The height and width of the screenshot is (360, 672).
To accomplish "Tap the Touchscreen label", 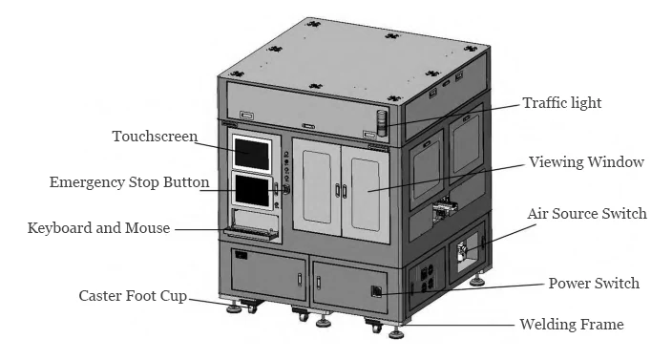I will coord(154,136).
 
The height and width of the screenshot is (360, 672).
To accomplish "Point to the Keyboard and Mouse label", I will coord(98,228).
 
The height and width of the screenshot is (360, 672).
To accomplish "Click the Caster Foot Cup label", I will coord(133,296).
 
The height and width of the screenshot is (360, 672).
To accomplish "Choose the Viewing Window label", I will coord(587,162).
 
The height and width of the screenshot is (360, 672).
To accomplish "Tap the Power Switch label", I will coord(594,284).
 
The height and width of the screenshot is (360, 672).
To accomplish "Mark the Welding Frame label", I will coord(571,325).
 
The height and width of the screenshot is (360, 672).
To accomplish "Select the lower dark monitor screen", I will coord(253,190).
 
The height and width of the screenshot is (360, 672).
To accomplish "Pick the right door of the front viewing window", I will coord(368,186).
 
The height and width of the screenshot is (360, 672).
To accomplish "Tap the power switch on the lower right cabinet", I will coord(377,289).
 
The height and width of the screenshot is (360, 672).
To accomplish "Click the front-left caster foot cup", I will coord(232,307).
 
